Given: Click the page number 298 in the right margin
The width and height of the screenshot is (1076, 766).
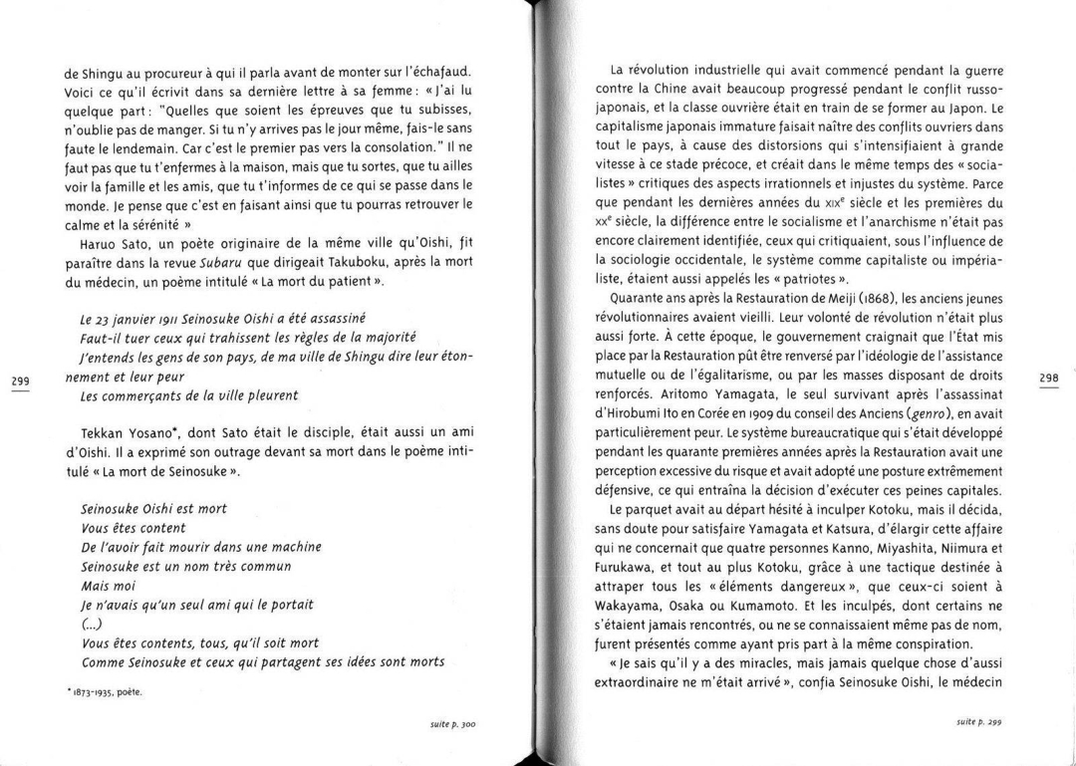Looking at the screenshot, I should click(1048, 379).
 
